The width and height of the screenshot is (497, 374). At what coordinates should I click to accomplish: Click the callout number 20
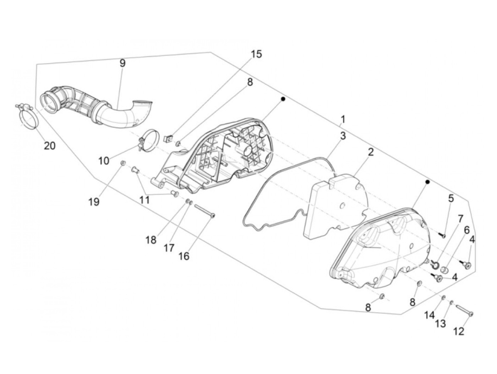click(x=50, y=145)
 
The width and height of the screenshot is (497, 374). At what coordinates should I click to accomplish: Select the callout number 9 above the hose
click(x=122, y=63)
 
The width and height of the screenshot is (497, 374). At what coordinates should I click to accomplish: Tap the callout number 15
click(x=256, y=54)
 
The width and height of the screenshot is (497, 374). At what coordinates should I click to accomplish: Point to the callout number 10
click(x=104, y=161)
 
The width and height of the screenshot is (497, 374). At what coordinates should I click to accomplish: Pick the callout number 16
click(x=184, y=256)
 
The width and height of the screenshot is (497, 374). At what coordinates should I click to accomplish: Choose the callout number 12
click(x=459, y=331)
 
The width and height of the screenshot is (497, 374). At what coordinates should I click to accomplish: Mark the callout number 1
click(x=343, y=118)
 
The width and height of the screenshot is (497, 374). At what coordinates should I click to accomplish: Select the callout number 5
click(x=451, y=198)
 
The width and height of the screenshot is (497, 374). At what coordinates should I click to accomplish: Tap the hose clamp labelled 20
click(x=26, y=114)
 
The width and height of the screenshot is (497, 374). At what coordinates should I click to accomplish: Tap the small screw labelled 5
click(x=442, y=235)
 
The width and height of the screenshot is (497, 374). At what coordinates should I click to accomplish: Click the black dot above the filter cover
click(x=428, y=182)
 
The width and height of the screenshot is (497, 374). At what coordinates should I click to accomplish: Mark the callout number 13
click(x=441, y=324)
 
